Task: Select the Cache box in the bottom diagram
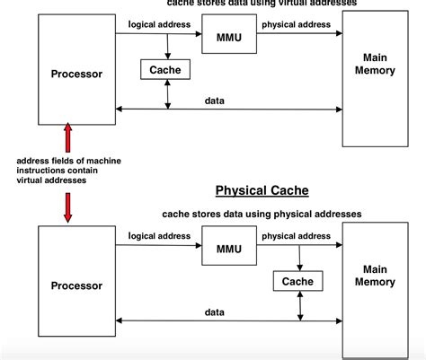pos(298,281)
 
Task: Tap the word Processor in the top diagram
pos(76,74)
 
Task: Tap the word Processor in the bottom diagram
pos(76,285)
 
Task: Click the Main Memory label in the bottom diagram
pos(375,275)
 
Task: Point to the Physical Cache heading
pos(262,190)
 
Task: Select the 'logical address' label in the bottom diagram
pos(160,235)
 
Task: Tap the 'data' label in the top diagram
pos(215,101)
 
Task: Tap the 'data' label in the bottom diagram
pos(215,312)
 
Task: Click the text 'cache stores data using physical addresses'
pos(262,214)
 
